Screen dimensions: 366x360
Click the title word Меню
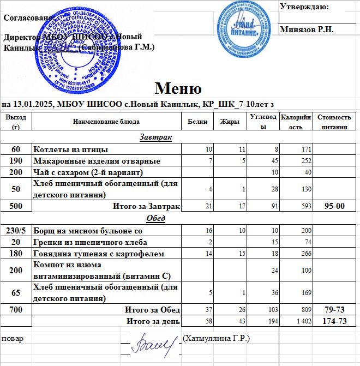click(178, 88)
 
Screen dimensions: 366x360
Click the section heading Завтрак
click(155, 137)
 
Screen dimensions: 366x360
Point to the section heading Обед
click(155, 218)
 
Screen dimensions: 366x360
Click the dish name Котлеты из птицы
click(70, 149)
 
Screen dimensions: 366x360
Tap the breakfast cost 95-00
click(334, 206)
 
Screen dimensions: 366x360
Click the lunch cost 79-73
click(334, 310)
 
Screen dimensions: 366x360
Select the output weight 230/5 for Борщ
click(16, 230)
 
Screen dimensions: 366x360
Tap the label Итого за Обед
click(153, 310)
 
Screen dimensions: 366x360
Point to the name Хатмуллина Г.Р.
click(217, 339)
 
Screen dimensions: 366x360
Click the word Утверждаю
click(304, 7)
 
